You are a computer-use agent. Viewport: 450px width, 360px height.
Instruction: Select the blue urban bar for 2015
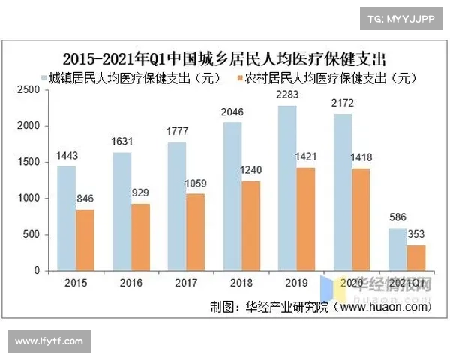[x=67, y=217]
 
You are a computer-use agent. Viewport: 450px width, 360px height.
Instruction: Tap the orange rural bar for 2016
[x=140, y=236]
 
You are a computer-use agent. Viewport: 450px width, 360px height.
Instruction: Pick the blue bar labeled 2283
[x=287, y=187]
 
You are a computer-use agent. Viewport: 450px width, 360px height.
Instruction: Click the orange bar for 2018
[x=251, y=225]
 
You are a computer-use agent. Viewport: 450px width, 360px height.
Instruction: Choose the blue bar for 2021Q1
[x=397, y=249]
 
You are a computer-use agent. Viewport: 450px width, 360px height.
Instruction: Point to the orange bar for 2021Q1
[x=415, y=257]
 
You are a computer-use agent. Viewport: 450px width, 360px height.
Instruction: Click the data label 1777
[x=177, y=133]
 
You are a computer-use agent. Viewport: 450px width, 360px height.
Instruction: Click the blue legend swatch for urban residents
[x=44, y=77]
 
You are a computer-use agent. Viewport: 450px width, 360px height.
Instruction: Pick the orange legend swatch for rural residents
[x=239, y=77]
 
